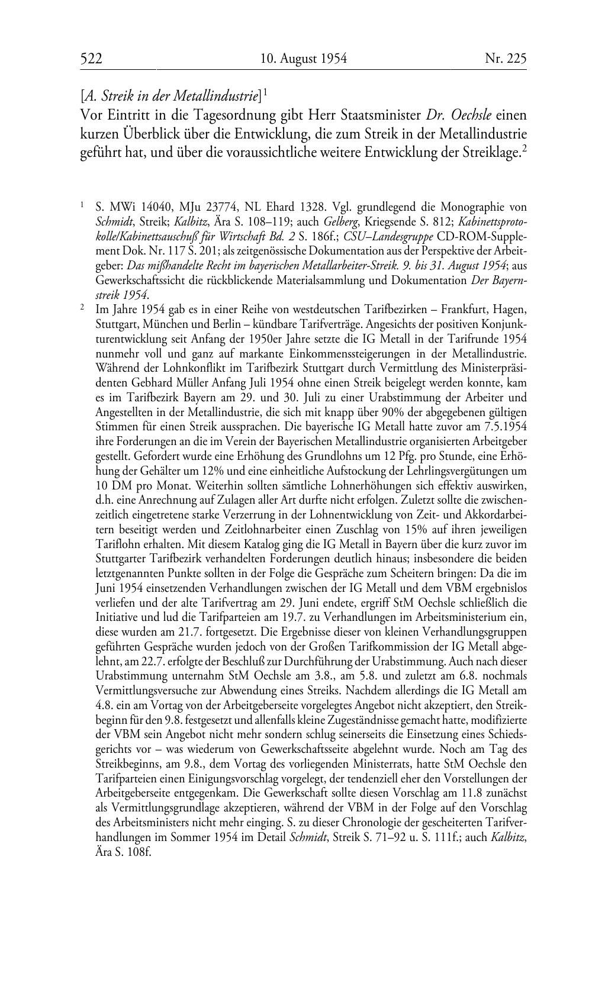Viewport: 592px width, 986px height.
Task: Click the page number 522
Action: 91,58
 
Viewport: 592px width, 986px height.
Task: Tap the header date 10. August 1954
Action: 303,58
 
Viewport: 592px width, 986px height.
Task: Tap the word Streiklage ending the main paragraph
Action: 495,153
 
